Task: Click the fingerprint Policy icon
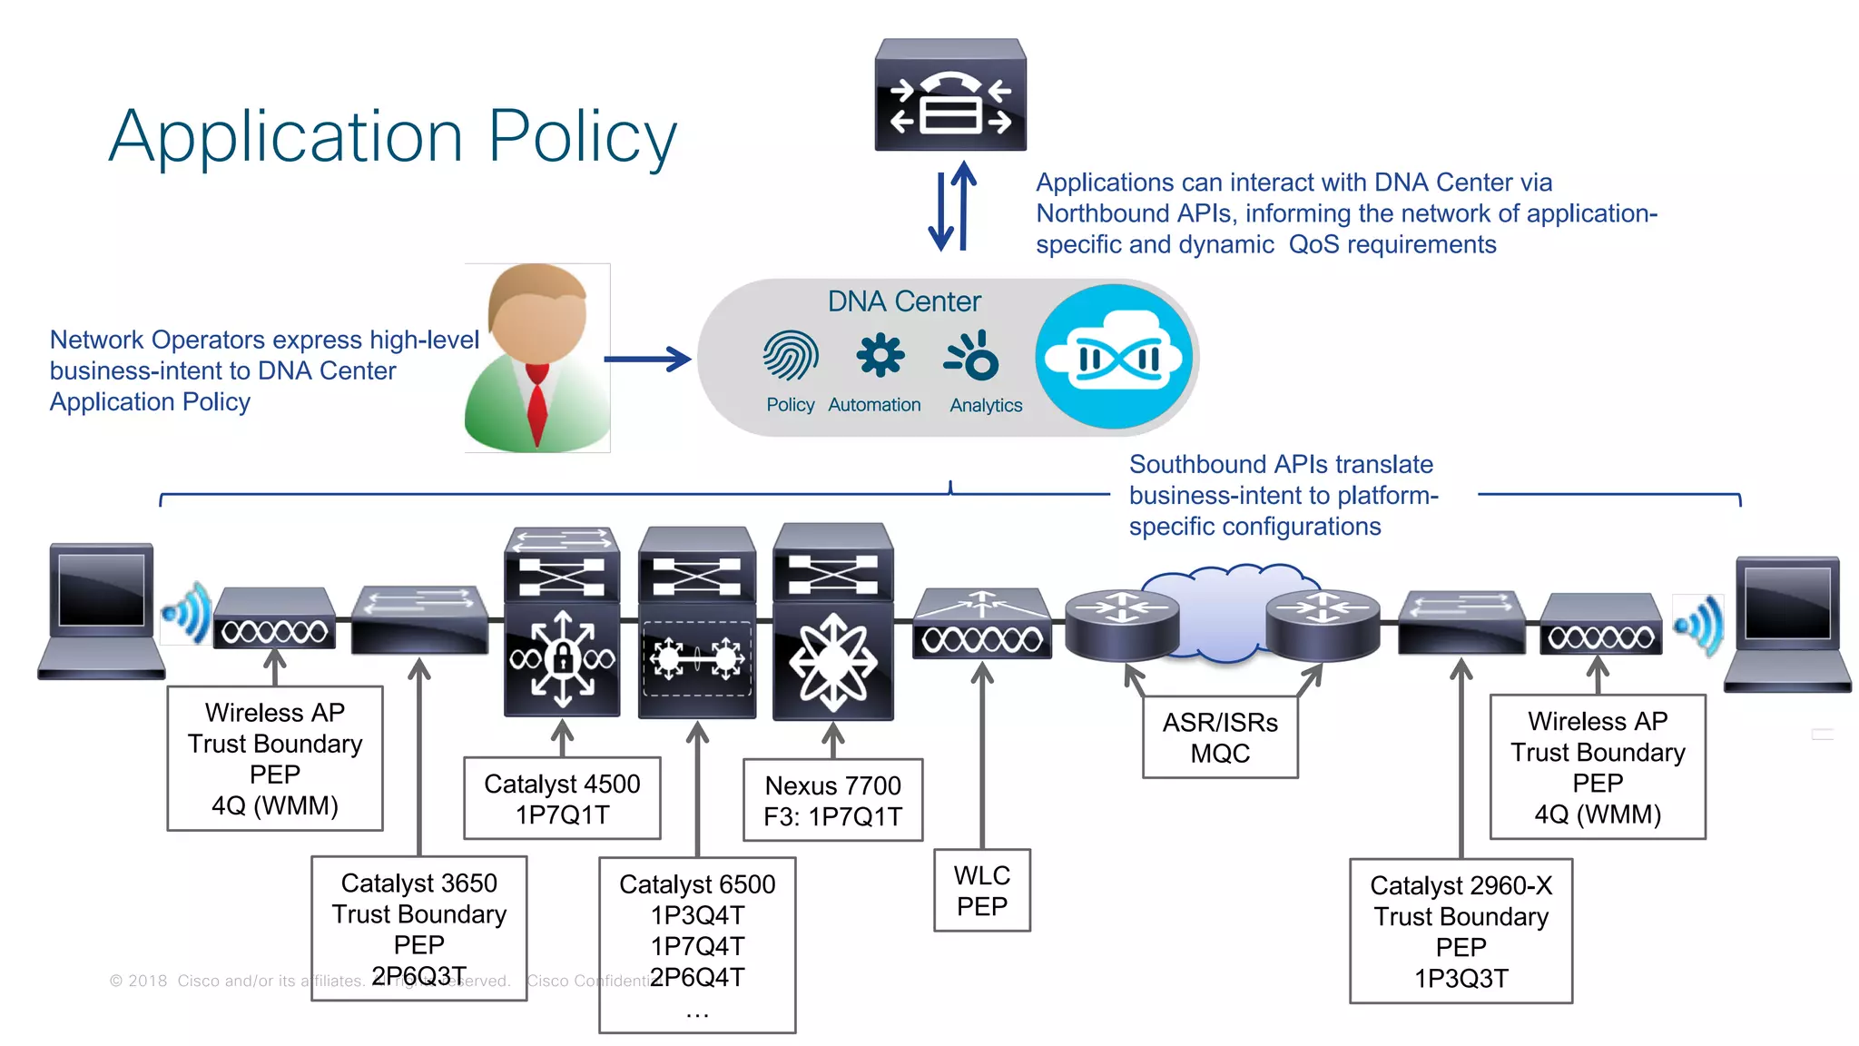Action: coord(791,355)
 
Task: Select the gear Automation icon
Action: coord(880,355)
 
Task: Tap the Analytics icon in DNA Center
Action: coord(973,356)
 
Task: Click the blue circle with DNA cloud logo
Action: coord(1115,357)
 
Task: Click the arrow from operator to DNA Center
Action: coord(647,360)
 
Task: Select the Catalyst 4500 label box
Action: coord(562,798)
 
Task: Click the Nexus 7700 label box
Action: coord(832,800)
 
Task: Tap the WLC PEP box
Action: coord(981,890)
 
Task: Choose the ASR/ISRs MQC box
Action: coord(1220,737)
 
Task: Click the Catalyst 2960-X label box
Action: coord(1461,931)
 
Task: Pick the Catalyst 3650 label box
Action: coord(418,928)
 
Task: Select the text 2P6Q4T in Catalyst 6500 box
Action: coord(697,977)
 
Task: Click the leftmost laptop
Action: coord(101,610)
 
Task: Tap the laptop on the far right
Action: coord(1787,624)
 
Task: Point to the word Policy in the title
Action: coord(582,136)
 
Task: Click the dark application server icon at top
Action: coord(950,95)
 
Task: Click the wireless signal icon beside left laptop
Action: coord(188,614)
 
